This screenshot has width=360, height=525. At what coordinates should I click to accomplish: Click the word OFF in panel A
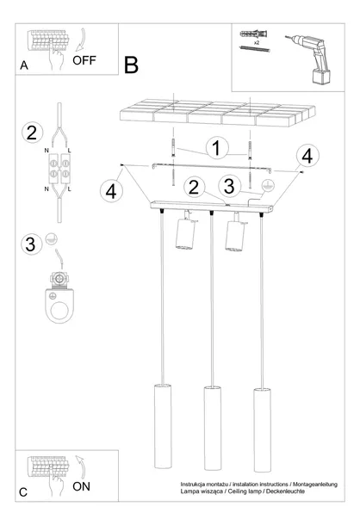(84, 60)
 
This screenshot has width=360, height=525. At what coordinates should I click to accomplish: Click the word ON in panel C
(81, 486)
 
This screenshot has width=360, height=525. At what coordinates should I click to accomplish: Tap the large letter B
(131, 65)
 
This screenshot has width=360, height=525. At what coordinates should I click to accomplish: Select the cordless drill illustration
(310, 59)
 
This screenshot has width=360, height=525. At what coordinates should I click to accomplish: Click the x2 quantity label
(257, 43)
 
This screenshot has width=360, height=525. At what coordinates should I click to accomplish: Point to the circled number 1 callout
(217, 148)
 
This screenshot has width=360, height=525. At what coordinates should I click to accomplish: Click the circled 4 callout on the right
(307, 156)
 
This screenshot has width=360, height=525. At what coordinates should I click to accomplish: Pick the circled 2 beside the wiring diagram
(32, 133)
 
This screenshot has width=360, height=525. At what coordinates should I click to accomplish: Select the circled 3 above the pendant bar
(229, 186)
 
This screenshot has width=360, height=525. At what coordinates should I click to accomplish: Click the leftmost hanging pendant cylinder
(163, 427)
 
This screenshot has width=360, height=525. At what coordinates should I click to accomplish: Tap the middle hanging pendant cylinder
(213, 429)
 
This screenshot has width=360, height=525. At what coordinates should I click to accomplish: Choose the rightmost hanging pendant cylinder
(262, 430)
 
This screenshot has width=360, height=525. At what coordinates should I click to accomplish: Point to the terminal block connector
(59, 169)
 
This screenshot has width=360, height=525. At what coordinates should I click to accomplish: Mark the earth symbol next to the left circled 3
(52, 239)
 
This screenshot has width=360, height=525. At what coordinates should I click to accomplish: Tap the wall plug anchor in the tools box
(254, 34)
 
